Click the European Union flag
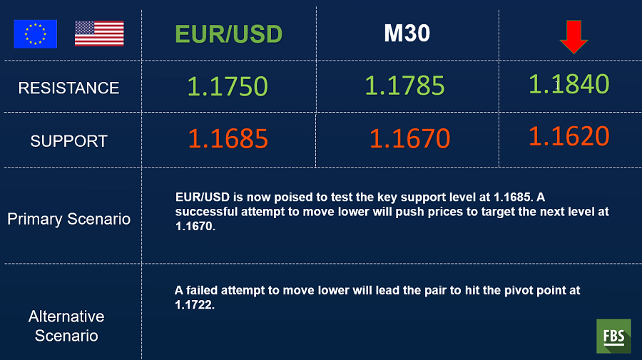(x=35, y=34)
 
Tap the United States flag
(x=99, y=34)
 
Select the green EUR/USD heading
(x=229, y=34)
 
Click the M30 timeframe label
(x=407, y=33)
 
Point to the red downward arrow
(x=574, y=37)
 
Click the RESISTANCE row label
(x=68, y=88)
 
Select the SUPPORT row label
(x=68, y=141)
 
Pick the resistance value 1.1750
(x=228, y=87)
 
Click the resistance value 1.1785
(x=404, y=86)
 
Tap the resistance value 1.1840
(x=569, y=84)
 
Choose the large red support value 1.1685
(x=228, y=139)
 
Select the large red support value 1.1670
(x=410, y=139)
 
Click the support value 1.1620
(x=569, y=136)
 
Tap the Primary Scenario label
(x=68, y=219)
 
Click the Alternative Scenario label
(x=66, y=326)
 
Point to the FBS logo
(x=613, y=336)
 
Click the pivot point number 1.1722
(x=195, y=305)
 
